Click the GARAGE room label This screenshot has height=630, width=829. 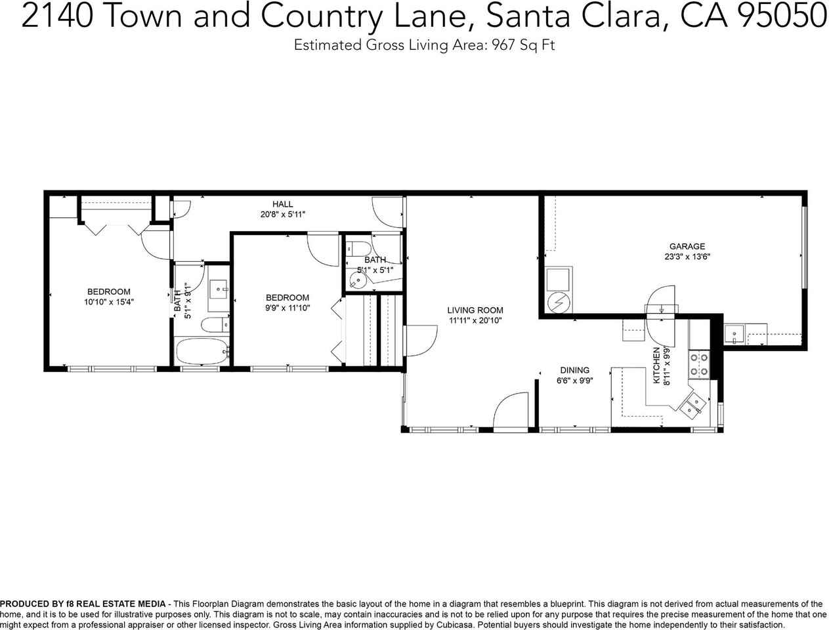coord(687,247)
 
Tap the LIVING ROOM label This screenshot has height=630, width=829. coord(475,310)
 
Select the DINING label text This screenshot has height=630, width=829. coord(574,370)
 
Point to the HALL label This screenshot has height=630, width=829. coord(283,204)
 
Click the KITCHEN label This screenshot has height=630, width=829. coord(656,366)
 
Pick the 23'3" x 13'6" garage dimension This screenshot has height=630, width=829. coord(687,257)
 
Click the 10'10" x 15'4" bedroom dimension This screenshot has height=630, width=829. coord(109,303)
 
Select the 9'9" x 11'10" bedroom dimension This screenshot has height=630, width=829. coord(287,308)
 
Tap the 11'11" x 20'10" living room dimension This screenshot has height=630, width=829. coord(475,321)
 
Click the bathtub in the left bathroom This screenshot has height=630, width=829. coord(202,351)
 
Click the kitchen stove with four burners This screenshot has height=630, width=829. coord(698,365)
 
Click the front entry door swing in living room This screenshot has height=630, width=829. coord(510,412)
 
